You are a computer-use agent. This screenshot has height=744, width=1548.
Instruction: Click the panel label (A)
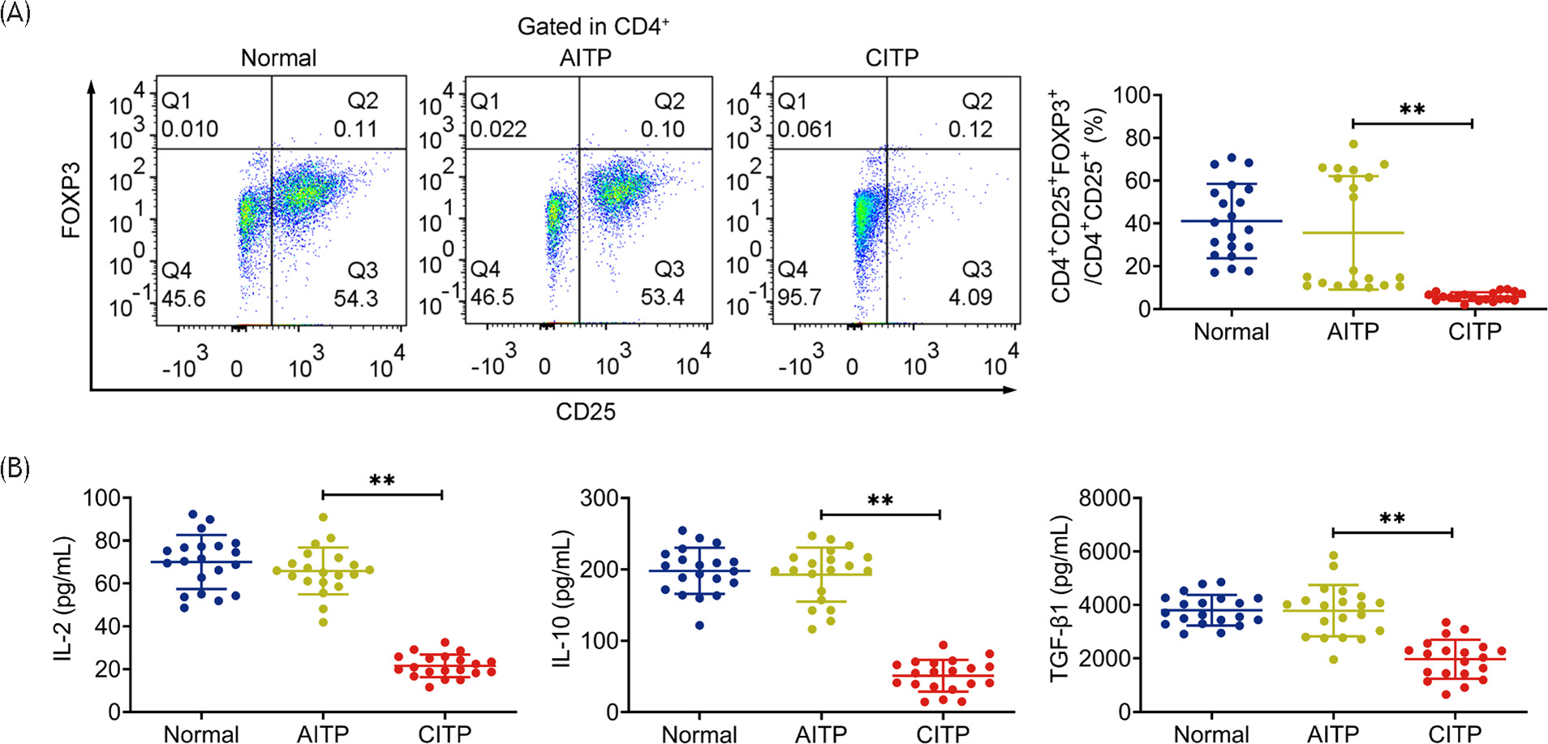[15, 14]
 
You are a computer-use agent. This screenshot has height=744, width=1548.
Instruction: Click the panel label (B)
[15, 468]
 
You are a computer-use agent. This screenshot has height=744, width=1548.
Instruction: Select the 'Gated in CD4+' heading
[593, 27]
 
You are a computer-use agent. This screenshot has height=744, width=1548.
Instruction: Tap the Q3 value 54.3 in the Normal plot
[356, 299]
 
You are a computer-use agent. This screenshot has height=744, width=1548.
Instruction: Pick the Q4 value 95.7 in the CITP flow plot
[799, 298]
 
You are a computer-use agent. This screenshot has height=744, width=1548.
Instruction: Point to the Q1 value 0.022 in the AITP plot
[499, 129]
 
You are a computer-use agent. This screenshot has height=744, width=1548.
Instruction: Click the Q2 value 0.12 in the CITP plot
[970, 129]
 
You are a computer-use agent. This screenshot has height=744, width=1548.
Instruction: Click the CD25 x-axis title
[585, 412]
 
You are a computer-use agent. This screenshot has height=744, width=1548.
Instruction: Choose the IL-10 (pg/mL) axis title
[561, 599]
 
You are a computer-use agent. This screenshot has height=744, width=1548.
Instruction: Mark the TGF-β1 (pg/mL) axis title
[1060, 599]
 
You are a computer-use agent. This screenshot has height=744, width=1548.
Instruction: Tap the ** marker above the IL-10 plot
[880, 501]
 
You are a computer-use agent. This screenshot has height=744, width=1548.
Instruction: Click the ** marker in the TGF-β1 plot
[1392, 519]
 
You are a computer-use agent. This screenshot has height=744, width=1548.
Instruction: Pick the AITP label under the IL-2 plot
[323, 733]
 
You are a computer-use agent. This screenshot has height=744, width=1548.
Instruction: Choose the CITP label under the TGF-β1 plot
[1455, 733]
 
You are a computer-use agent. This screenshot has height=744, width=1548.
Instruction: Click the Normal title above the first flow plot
[278, 58]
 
